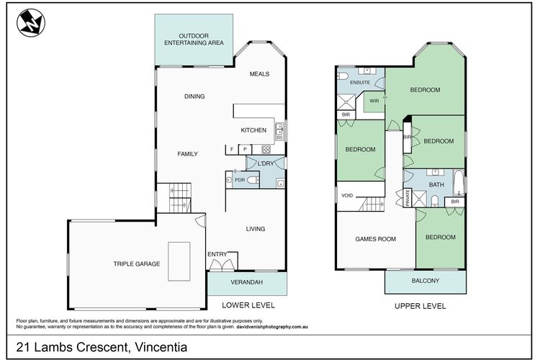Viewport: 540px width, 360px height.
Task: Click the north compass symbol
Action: tap(31, 23)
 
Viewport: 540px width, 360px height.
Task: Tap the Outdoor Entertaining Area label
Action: tap(194, 40)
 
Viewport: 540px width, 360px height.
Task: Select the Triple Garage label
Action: tap(137, 264)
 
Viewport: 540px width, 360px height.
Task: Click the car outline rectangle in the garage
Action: tap(179, 261)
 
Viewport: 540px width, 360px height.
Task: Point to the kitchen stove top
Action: tap(266, 150)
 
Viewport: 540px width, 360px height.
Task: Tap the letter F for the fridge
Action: tap(232, 149)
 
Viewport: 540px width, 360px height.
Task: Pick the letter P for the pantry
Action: tap(246, 149)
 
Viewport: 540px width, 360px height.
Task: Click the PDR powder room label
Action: tap(240, 180)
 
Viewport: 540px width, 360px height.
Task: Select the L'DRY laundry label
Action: tap(266, 163)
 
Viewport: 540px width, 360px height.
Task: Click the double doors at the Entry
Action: tap(222, 264)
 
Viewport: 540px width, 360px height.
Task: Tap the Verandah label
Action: tap(246, 282)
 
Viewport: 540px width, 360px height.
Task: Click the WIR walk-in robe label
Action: tap(374, 101)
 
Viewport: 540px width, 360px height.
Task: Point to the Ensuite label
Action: tap(360, 83)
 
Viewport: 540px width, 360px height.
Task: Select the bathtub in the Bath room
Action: tap(459, 182)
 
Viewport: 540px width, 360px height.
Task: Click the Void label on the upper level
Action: tap(347, 195)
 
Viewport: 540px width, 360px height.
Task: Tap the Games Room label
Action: tap(375, 239)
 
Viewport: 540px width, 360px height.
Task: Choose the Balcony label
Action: tap(426, 281)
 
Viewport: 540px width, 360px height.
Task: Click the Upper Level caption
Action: tap(420, 306)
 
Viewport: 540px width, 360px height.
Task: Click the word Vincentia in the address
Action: tap(161, 347)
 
